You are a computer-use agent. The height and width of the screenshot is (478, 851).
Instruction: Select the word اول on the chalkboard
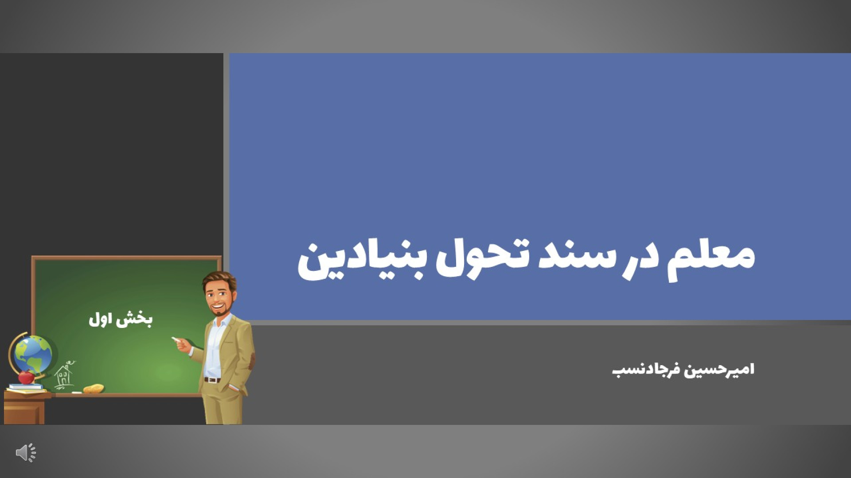100,320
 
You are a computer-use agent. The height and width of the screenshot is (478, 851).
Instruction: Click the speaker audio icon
26,452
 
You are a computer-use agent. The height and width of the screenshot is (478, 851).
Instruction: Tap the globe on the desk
32,355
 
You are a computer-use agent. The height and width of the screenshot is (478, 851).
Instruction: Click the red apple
27,377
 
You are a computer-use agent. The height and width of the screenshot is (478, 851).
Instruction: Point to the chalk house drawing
65,375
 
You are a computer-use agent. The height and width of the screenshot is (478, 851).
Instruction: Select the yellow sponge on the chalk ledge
94,389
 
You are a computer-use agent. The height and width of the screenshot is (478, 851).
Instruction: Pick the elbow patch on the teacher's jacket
251,361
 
